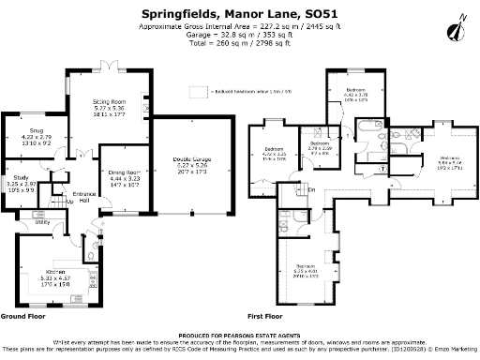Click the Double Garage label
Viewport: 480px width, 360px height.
(190, 159)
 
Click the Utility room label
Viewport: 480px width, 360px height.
(42, 222)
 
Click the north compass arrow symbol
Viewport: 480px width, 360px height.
(457, 30)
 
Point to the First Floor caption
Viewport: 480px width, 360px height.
(265, 316)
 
